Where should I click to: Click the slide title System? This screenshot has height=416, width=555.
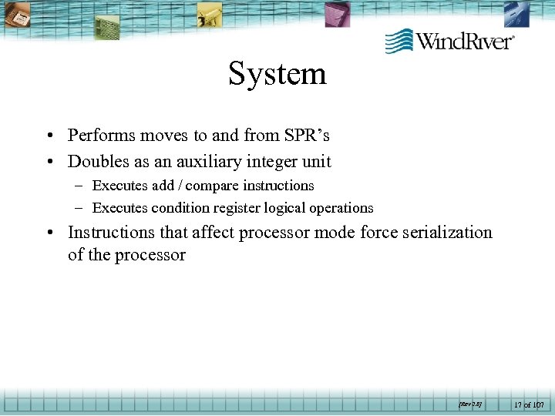tap(277, 75)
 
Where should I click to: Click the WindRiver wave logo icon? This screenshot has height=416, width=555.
tap(399, 41)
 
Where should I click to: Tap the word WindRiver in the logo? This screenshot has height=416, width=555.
tap(465, 41)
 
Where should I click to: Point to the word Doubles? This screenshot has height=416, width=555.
tap(97, 162)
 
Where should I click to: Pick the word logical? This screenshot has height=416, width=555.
tap(280, 208)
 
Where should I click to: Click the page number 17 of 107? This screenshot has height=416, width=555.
tap(528, 404)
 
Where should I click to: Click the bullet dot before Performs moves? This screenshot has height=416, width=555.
tap(49, 136)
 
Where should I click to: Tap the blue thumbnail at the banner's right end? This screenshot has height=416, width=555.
tap(516, 14)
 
